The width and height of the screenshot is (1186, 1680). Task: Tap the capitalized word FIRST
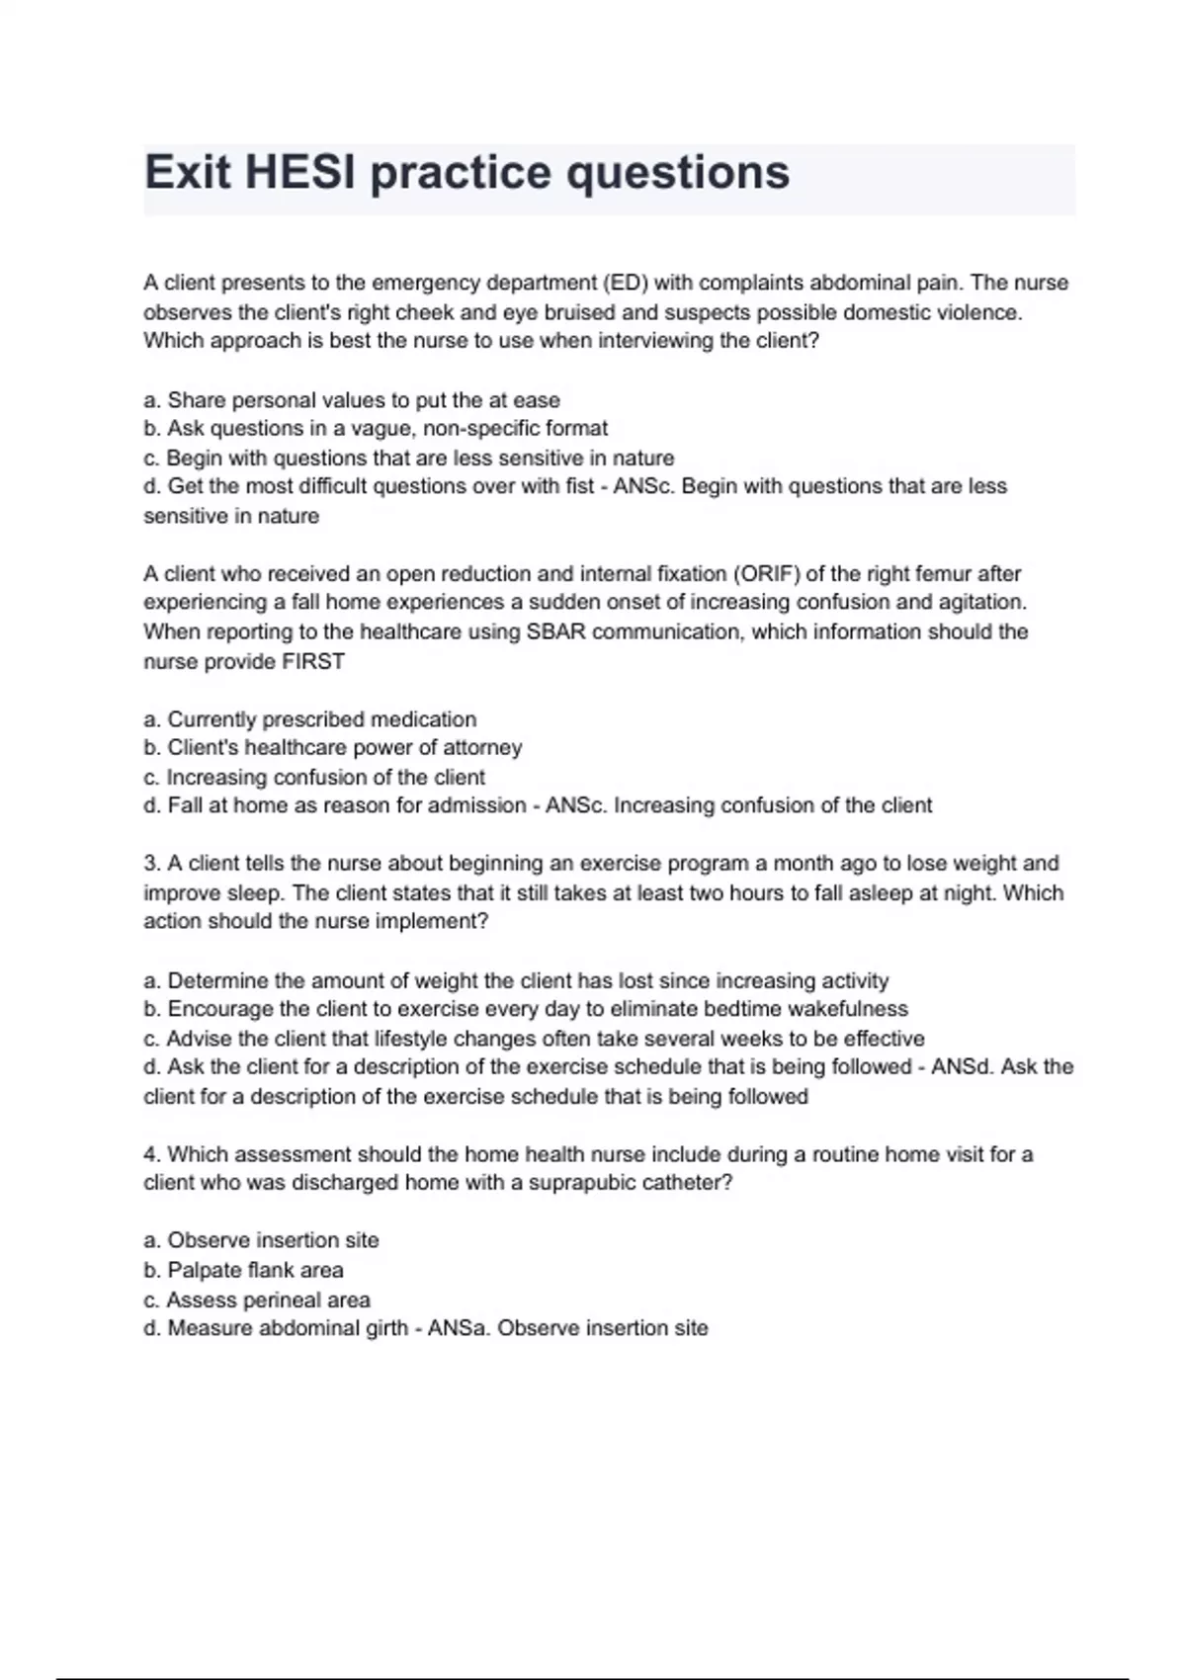pyautogui.click(x=313, y=662)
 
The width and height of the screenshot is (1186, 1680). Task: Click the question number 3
pyautogui.click(x=151, y=864)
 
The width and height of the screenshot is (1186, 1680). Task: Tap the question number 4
pyautogui.click(x=151, y=1154)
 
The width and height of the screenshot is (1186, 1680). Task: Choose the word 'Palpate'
pyautogui.click(x=203, y=1270)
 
